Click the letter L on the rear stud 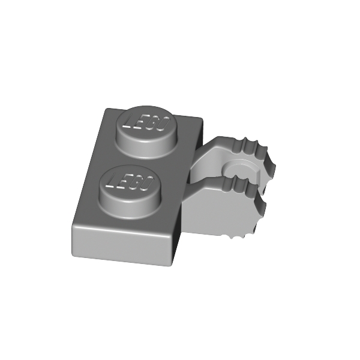click(x=128, y=121)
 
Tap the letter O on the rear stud click(x=164, y=124)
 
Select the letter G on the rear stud click(x=153, y=123)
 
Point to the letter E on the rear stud click(x=140, y=122)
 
